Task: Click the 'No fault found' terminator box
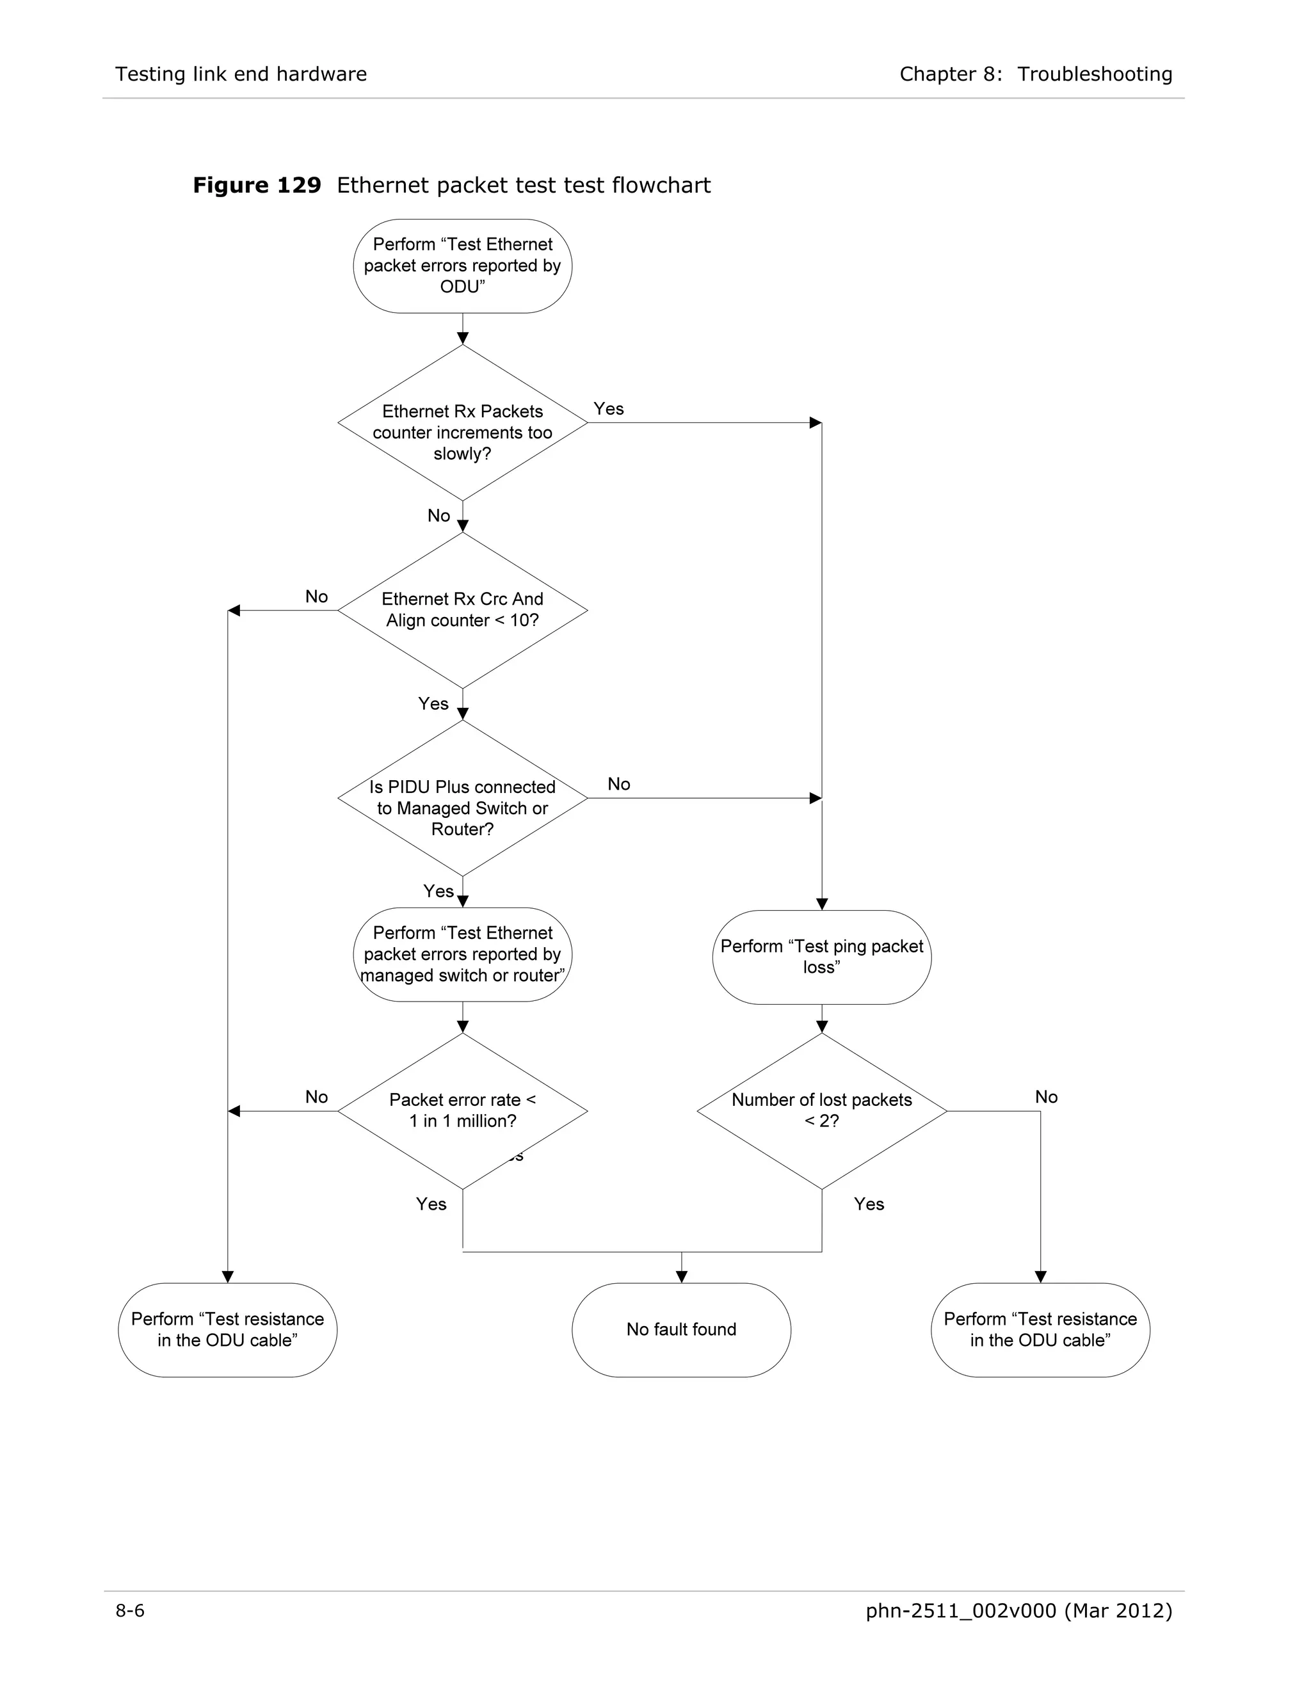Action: pos(681,1329)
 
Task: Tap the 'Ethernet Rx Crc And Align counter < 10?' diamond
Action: pos(462,611)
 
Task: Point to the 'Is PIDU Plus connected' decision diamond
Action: pos(462,798)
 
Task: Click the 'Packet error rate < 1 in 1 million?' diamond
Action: pos(462,1110)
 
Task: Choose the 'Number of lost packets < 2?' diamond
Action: pos(822,1110)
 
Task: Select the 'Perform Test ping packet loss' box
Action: pos(822,957)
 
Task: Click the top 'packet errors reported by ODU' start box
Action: pos(462,266)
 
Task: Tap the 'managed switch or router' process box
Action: pos(462,954)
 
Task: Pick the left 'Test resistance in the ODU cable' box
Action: pos(227,1329)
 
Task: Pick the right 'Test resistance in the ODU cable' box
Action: pos(1040,1329)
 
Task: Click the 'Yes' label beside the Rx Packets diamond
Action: pos(609,409)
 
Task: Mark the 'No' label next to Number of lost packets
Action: pos(1046,1096)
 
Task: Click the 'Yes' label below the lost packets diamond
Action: pos(869,1204)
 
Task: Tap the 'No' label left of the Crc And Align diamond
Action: pos(316,596)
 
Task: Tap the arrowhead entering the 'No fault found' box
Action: pos(681,1277)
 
